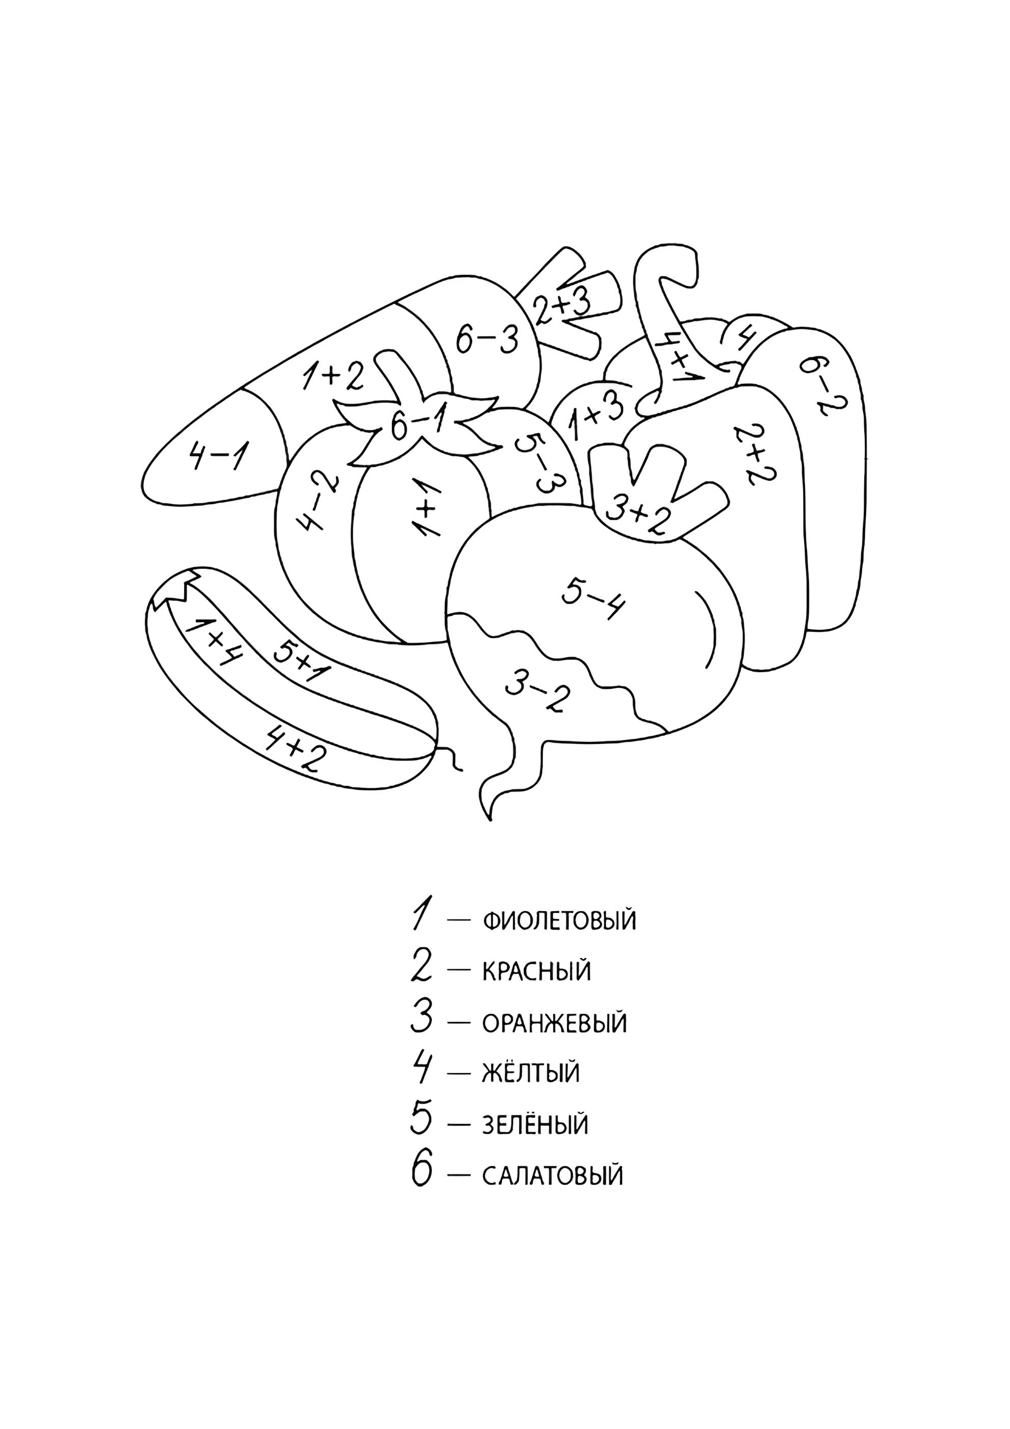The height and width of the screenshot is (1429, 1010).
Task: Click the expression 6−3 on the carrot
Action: click(487, 341)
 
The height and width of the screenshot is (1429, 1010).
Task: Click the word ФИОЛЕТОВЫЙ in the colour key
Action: click(559, 920)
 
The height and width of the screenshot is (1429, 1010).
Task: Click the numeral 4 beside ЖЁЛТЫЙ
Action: click(420, 1071)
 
